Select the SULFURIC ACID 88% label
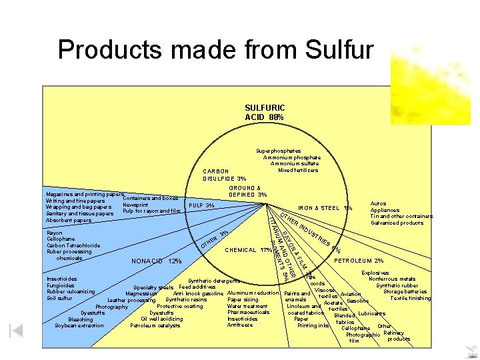tap(265, 112)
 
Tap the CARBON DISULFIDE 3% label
tap(225, 175)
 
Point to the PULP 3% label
tap(201, 205)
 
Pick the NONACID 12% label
tap(157, 261)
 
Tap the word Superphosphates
tap(279, 151)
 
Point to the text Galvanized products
tap(397, 223)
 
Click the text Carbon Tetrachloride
tap(73, 245)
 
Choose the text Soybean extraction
tap(79, 325)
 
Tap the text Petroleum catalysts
tap(155, 325)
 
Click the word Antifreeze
tap(240, 325)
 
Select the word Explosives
tap(375, 273)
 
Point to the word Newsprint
tap(135, 205)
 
